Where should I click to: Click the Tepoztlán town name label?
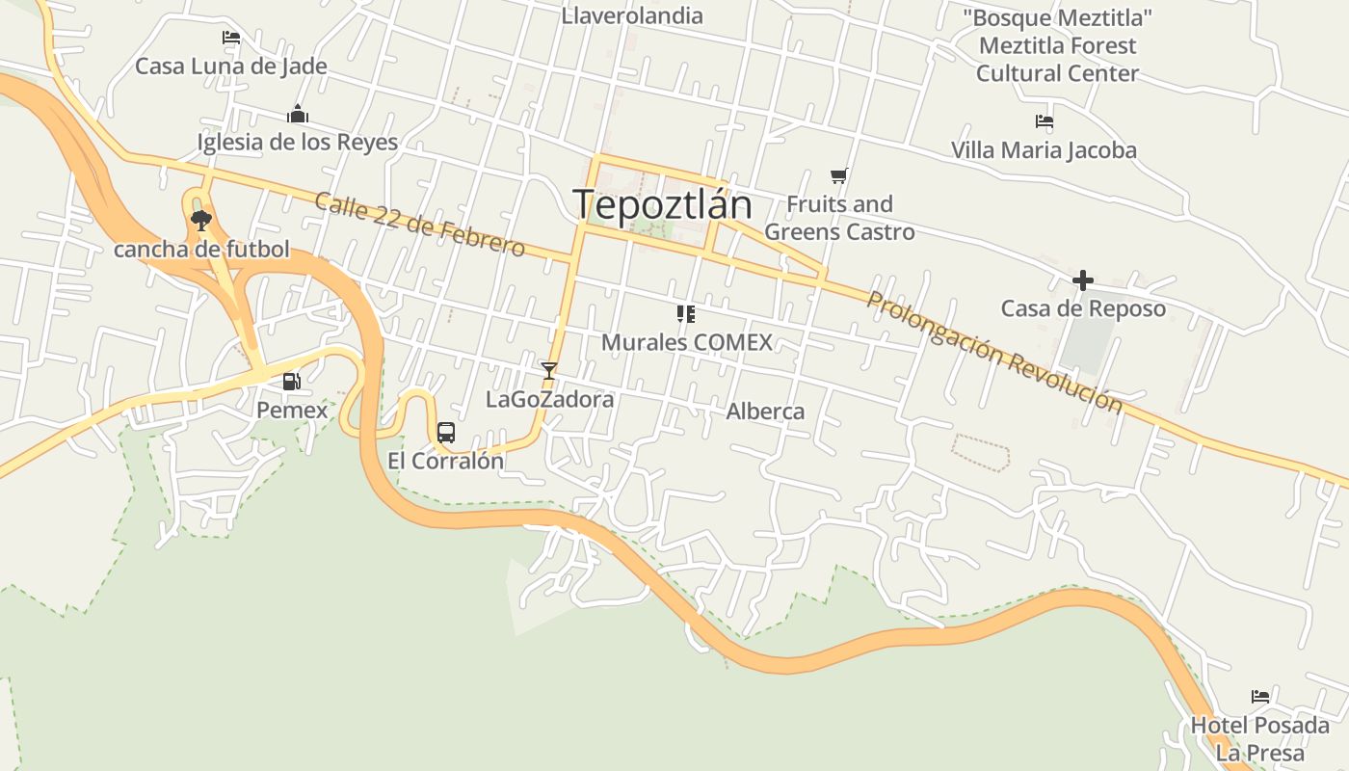point(662,204)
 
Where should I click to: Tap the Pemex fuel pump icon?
point(291,382)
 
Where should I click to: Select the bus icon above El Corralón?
point(445,433)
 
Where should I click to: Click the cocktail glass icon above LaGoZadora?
point(549,370)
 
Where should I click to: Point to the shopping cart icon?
point(838,176)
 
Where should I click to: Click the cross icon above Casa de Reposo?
point(1083,280)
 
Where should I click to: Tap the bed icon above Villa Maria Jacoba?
point(1044,122)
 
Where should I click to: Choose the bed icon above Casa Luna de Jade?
point(231,39)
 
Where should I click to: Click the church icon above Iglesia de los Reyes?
point(298,115)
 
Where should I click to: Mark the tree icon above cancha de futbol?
point(200,221)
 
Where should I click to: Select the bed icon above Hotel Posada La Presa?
point(1260,696)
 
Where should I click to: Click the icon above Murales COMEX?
point(686,313)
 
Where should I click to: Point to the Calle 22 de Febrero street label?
point(420,226)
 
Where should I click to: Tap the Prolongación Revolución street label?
point(994,352)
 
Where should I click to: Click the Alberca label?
point(765,412)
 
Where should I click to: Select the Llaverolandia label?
point(632,15)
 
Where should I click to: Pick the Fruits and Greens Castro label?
point(839,218)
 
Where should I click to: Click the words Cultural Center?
point(1057,73)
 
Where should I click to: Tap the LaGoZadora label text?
point(549,399)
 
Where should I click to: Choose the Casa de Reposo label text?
point(1083,309)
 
